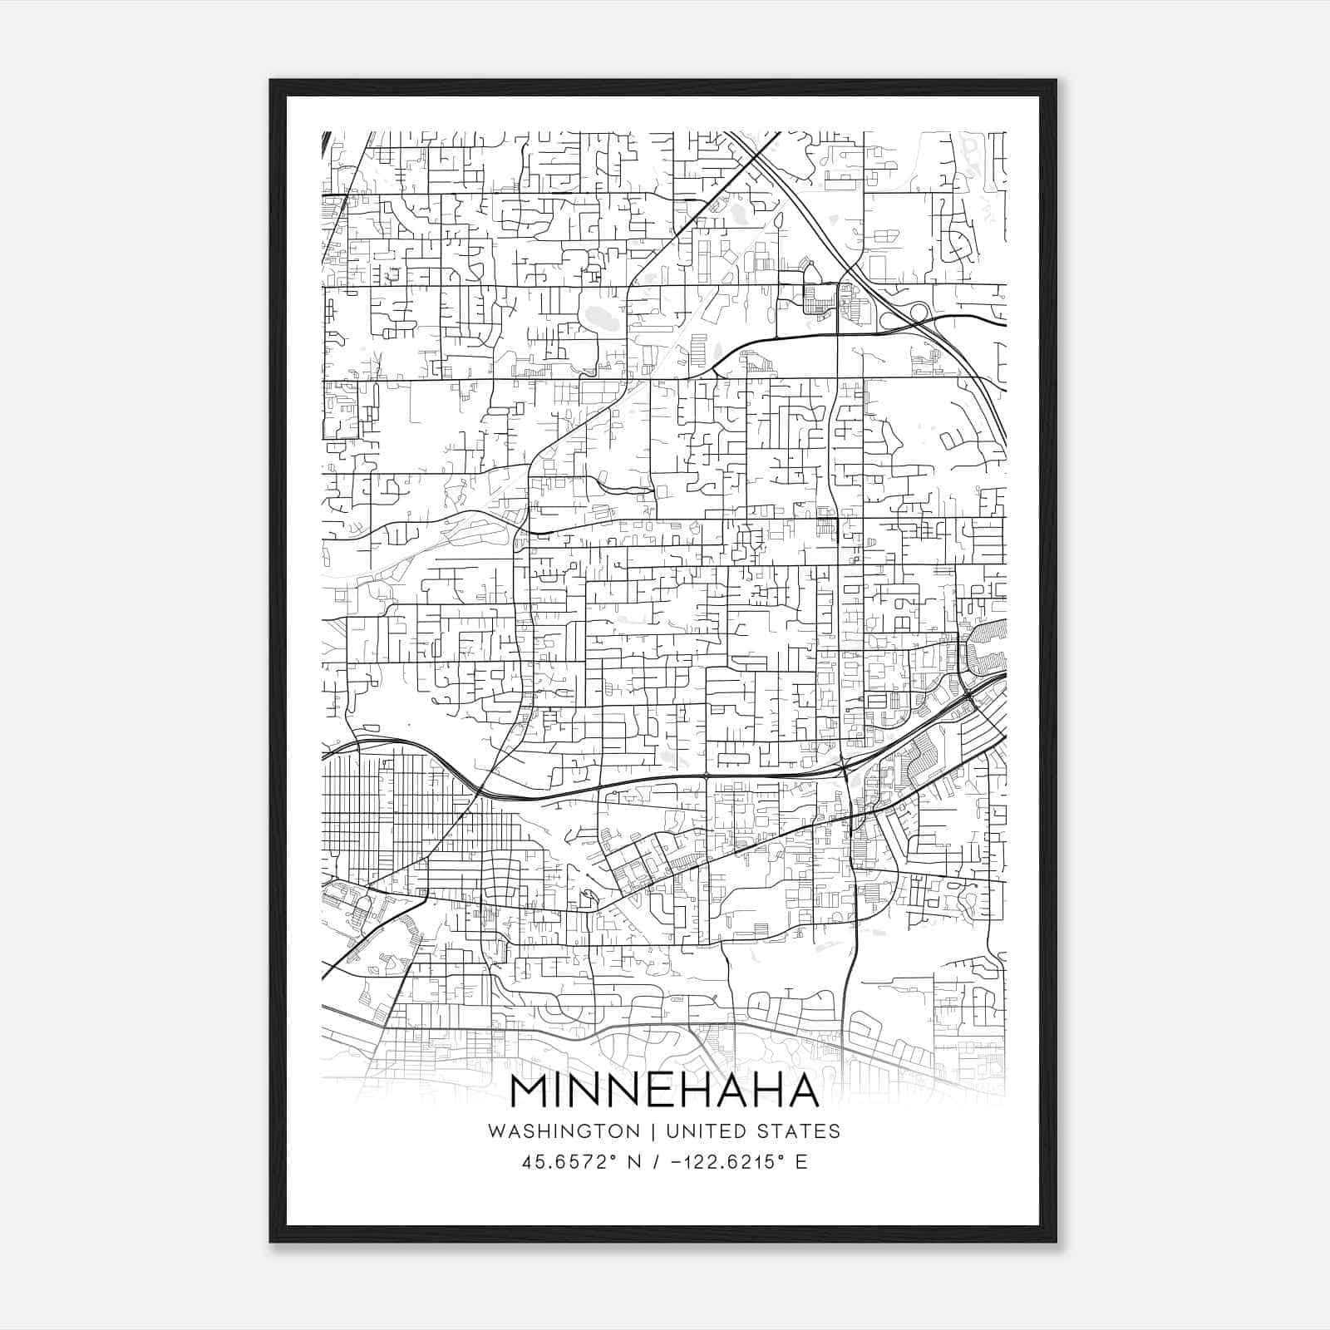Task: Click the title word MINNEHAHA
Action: click(x=665, y=1091)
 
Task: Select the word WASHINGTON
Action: click(x=564, y=1131)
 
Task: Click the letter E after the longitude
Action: click(x=801, y=1162)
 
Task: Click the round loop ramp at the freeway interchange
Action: click(x=919, y=312)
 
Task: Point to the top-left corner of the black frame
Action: click(x=271, y=81)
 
